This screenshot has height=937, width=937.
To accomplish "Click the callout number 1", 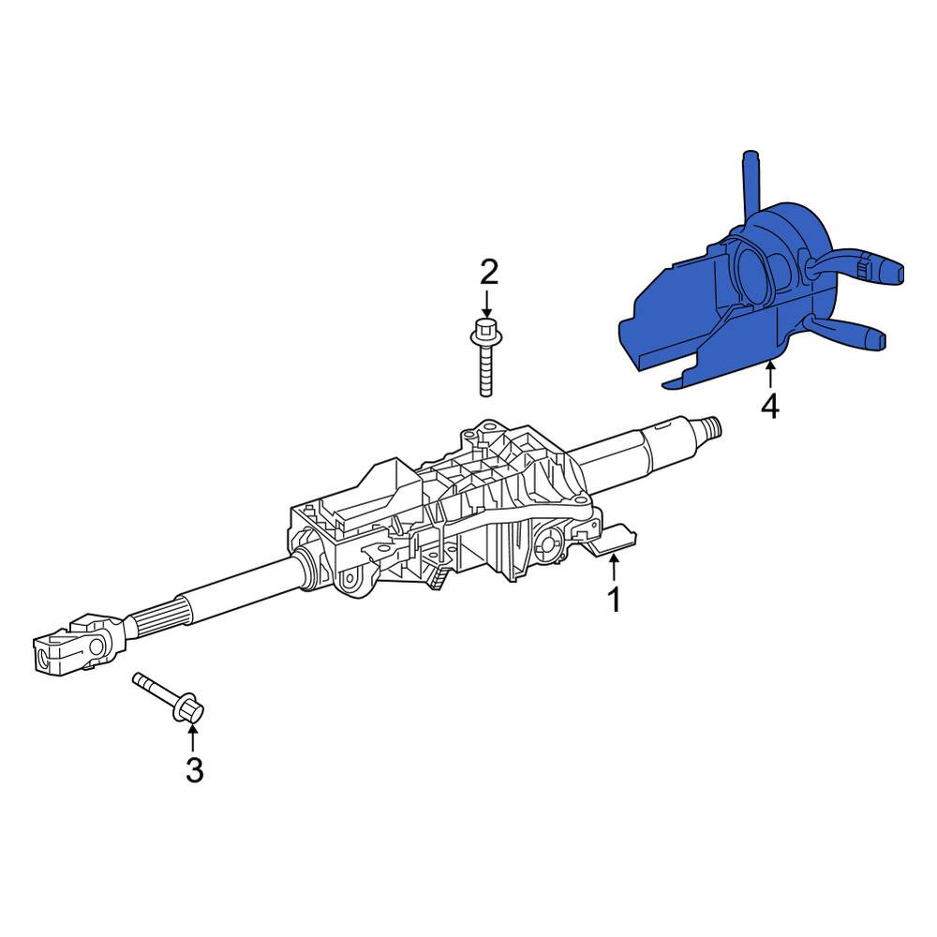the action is point(614,600).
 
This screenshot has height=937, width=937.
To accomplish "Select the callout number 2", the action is point(489,273).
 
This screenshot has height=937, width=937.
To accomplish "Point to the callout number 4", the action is point(769,407).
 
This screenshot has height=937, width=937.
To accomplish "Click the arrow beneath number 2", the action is point(487,305).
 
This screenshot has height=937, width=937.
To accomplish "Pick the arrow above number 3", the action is point(192,736).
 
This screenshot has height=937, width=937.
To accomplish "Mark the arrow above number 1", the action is point(613,567).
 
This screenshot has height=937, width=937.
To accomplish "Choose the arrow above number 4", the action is point(770,376).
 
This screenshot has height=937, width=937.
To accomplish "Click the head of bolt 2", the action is point(486,332).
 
